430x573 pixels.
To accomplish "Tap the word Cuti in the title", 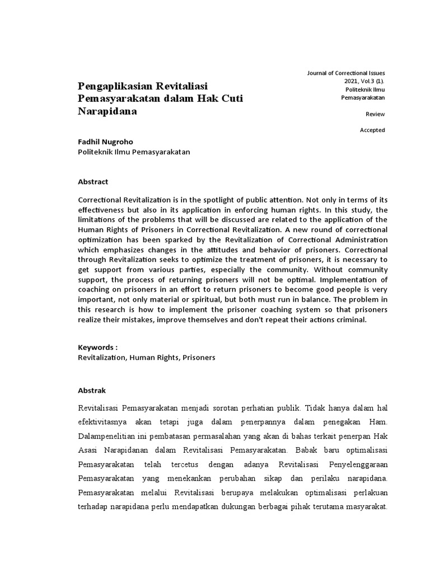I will [x=230, y=98].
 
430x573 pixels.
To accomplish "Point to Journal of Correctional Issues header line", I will [x=347, y=73].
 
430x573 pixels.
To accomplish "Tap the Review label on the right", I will [x=375, y=114].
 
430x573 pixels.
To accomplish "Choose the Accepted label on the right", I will [x=372, y=130].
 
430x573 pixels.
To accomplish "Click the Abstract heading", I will [x=93, y=182].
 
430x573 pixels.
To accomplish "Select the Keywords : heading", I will [x=98, y=347].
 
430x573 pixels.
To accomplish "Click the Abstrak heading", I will [x=92, y=390].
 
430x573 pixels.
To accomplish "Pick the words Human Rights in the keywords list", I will [x=151, y=356].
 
